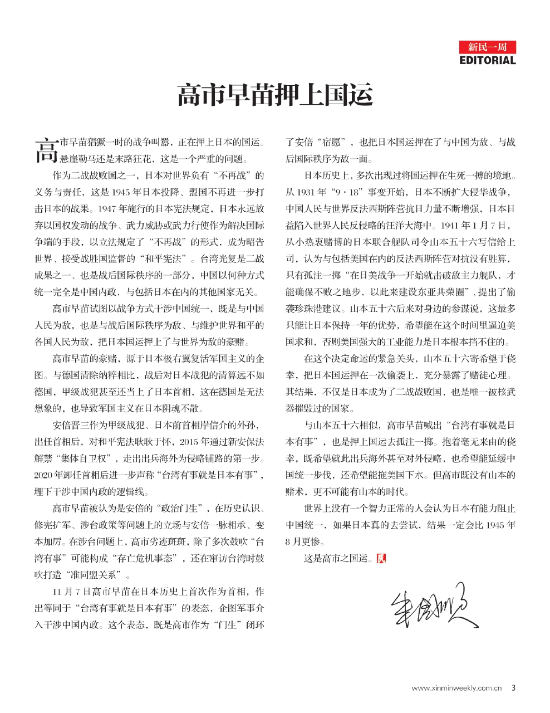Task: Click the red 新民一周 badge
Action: click(488, 47)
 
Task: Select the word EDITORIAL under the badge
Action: click(488, 60)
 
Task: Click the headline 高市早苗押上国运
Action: click(274, 95)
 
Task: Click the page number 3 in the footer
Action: click(513, 688)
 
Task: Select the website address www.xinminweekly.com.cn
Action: click(456, 688)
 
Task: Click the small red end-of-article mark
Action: click(381, 558)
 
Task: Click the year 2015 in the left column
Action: click(188, 442)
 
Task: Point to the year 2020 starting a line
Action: click(43, 476)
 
